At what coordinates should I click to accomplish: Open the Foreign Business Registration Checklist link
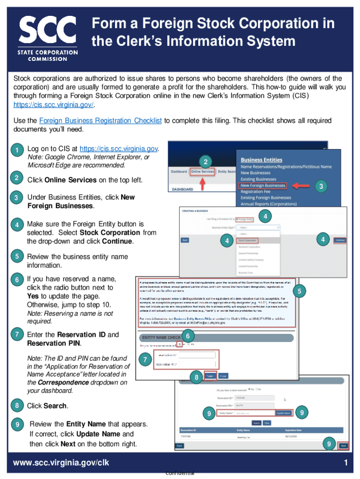101,121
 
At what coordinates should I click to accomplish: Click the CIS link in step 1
119,149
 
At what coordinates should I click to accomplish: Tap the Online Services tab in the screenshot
202,172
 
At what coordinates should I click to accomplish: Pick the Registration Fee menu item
258,191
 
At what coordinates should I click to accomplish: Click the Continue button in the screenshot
340,240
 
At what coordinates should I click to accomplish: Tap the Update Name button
283,413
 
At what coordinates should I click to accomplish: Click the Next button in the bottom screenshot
343,445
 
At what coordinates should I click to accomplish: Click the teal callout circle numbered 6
187,336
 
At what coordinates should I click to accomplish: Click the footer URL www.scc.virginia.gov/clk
61,463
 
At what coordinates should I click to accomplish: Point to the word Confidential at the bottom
180,473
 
